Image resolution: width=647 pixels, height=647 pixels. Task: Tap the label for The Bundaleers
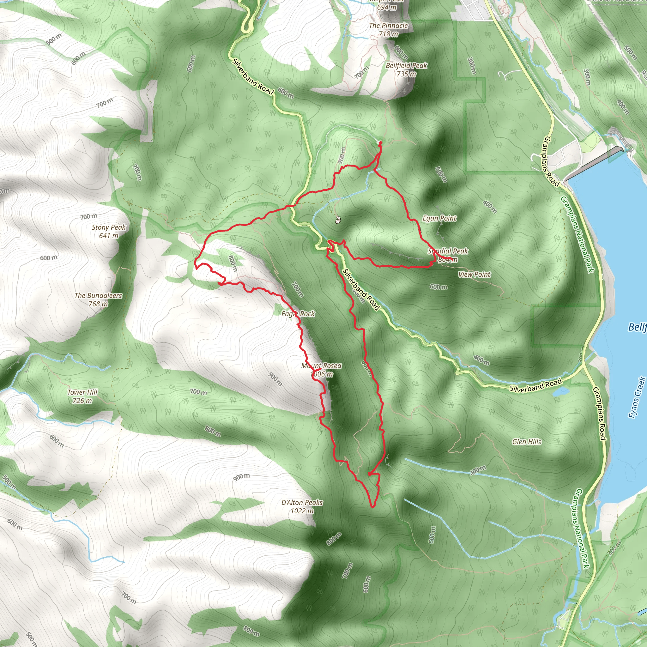98,295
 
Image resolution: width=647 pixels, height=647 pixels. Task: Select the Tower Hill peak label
82,392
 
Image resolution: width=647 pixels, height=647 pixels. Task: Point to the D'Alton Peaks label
302,502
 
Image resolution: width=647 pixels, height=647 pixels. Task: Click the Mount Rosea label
322,366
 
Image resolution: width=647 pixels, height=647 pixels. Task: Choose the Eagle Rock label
298,314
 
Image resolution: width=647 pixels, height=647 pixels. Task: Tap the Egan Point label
439,218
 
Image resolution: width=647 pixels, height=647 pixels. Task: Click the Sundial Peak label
448,251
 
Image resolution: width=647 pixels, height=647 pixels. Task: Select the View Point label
474,275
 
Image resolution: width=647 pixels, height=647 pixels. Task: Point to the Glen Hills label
526,442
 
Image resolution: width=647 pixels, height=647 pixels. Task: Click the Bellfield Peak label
406,66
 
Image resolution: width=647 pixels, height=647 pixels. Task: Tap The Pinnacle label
389,26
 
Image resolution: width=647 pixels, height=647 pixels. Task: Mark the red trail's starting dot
380,143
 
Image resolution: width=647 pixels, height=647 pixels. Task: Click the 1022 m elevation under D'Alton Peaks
302,511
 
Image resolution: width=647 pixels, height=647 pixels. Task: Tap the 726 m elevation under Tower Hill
82,401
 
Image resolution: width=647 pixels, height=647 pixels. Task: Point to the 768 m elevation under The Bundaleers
98,304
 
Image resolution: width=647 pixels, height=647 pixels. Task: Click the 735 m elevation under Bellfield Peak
406,74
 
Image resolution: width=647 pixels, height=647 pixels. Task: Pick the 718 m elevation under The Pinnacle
389,34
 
